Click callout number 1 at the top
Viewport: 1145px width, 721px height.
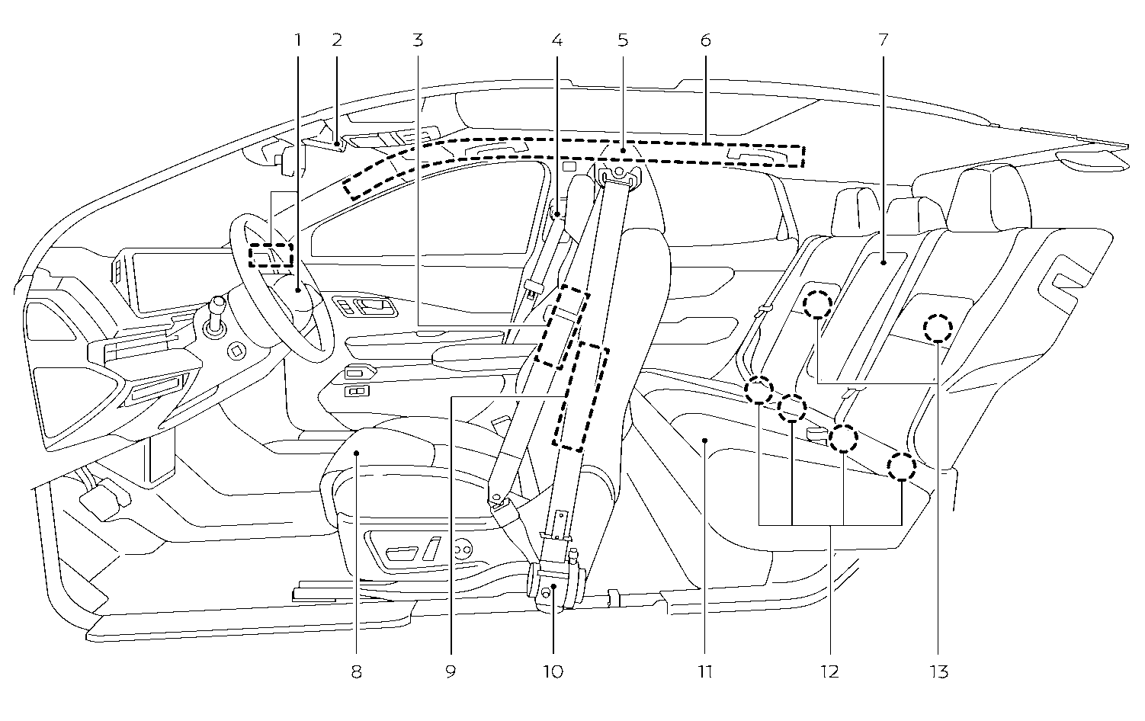[299, 39]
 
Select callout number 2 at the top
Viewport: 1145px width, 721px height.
[337, 39]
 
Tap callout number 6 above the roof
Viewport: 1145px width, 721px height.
[705, 39]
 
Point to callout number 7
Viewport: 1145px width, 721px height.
[883, 39]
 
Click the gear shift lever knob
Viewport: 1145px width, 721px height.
[217, 304]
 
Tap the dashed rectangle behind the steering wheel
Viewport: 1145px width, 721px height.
[271, 255]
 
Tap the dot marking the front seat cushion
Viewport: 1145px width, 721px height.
[357, 453]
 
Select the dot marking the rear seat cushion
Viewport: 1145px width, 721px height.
[705, 440]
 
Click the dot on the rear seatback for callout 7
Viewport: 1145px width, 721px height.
[883, 263]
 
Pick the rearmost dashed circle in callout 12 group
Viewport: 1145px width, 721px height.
[902, 466]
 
